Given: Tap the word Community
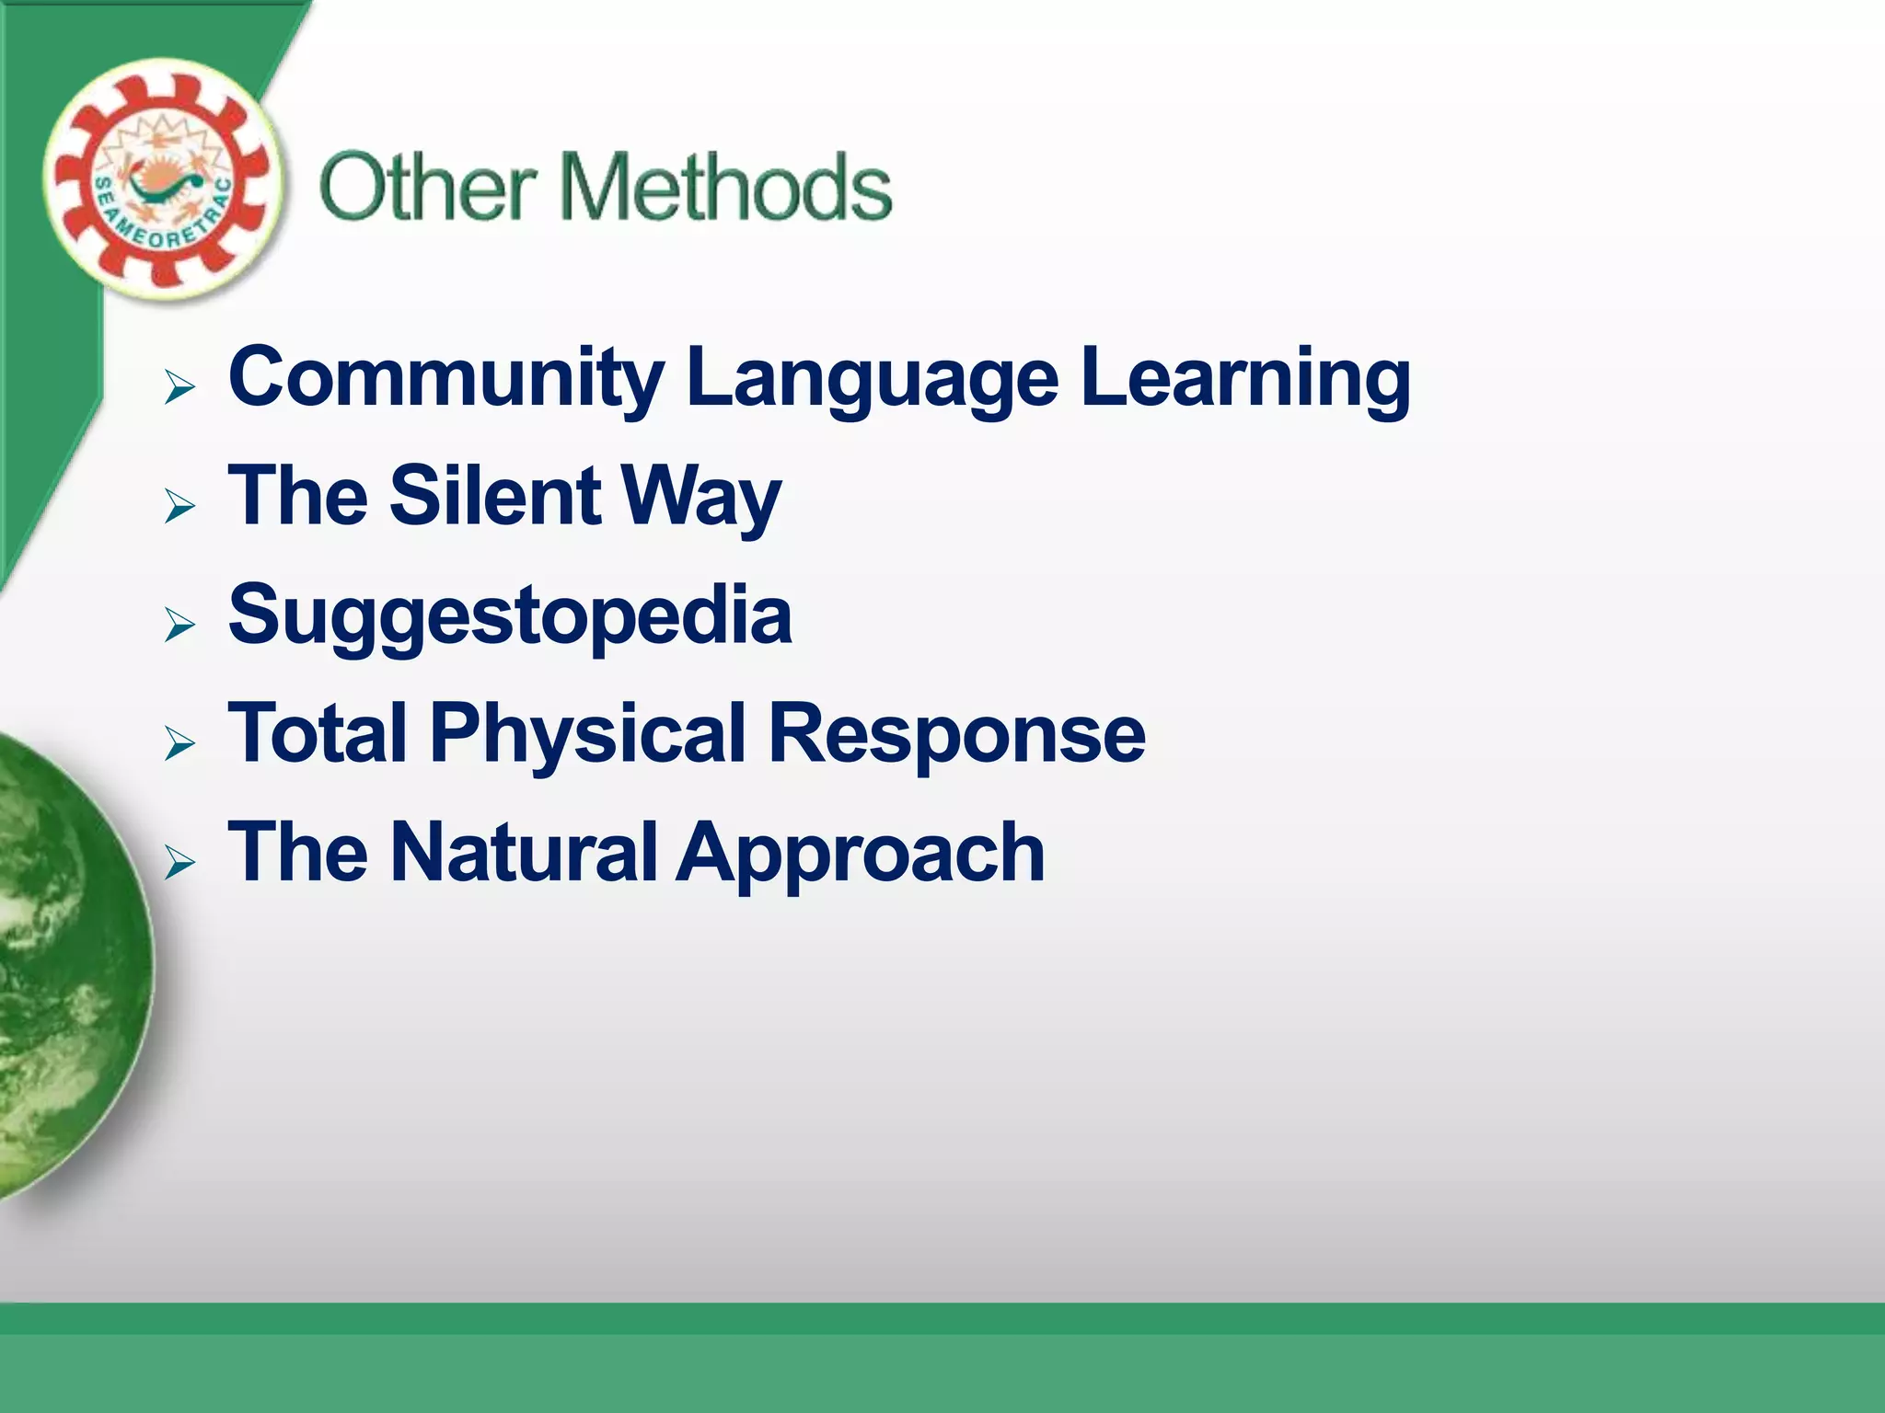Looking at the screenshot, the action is (445, 377).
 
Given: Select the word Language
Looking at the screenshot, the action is (873, 379).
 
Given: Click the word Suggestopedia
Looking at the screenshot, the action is (510, 616).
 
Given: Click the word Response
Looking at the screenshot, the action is (956, 734).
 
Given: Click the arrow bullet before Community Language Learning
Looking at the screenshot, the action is (179, 387).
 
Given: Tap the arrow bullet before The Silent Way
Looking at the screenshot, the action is (179, 506).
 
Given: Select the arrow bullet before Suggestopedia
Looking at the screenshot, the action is (179, 625).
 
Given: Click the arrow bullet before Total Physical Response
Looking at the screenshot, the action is (179, 743).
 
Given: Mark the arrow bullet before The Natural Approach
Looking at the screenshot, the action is (179, 862).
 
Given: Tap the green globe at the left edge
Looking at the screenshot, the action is (64, 966).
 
